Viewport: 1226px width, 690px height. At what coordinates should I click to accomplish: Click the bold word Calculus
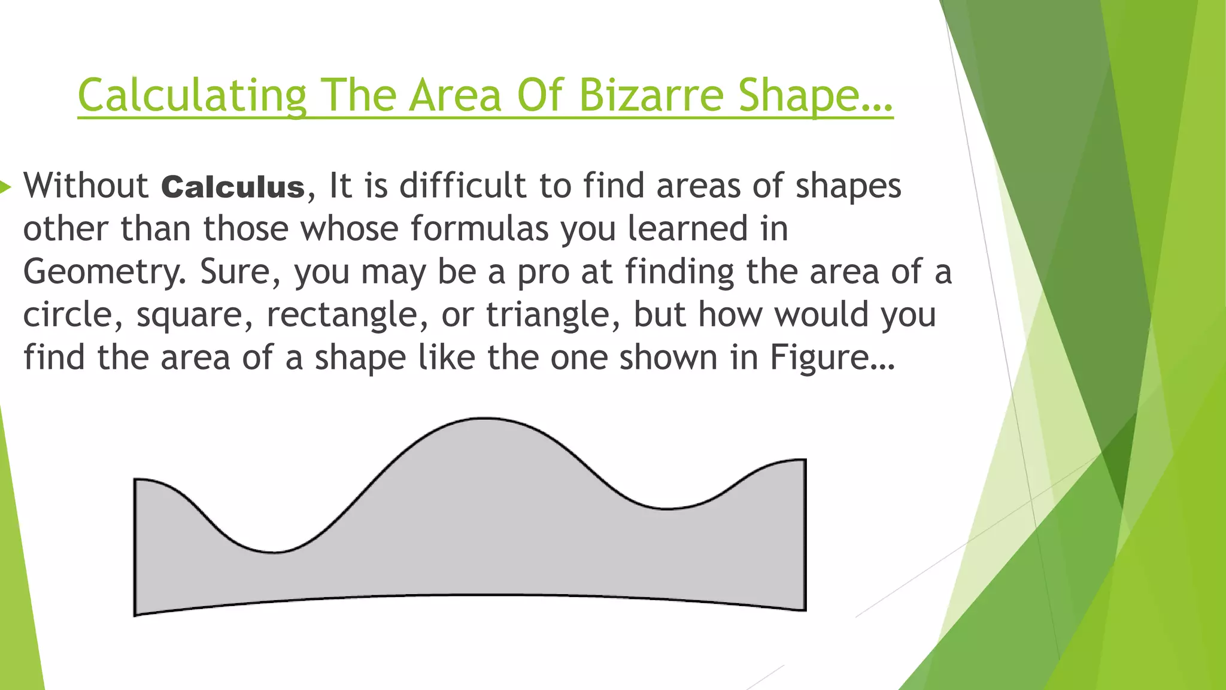[x=233, y=186]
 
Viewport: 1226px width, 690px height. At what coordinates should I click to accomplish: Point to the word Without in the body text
[x=86, y=185]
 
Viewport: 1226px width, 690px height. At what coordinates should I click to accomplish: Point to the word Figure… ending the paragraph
[x=832, y=358]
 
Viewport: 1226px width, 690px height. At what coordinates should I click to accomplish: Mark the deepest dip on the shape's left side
[x=274, y=552]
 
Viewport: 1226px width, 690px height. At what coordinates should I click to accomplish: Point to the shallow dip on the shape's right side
[x=667, y=509]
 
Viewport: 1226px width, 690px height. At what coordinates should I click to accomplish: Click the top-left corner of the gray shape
[x=135, y=479]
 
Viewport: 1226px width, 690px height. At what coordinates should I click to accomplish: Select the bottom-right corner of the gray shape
[x=805, y=610]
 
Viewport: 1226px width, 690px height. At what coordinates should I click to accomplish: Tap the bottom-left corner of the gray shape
[x=135, y=615]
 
